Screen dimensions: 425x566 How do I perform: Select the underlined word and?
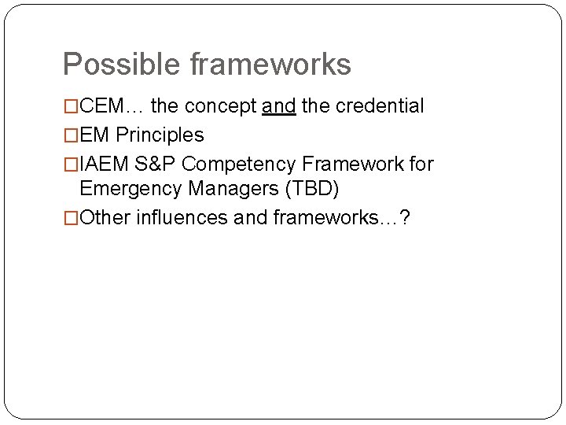pos(279,105)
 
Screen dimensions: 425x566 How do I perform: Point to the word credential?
pos(380,105)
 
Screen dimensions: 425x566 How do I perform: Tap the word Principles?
pos(160,135)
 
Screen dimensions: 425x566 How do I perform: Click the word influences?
pos(182,218)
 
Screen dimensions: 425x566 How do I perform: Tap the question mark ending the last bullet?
pos(404,218)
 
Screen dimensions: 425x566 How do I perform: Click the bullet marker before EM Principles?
pos(72,135)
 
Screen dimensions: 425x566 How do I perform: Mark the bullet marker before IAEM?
pos(72,164)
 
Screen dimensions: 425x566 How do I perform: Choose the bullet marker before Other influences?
pos(72,219)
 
